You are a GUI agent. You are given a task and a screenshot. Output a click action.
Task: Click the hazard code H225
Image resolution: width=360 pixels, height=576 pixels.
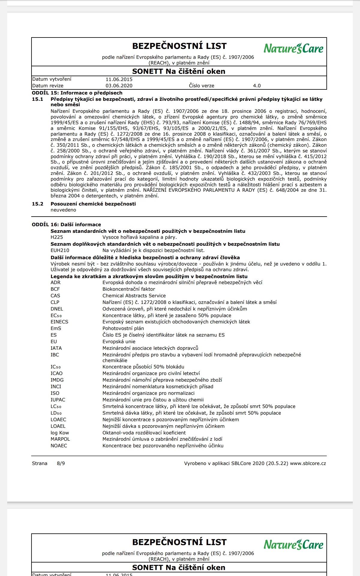point(57,237)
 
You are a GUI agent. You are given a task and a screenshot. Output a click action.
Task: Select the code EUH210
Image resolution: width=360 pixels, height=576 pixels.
point(60,250)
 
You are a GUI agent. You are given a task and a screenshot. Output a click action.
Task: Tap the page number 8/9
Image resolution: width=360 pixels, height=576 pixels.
point(61,463)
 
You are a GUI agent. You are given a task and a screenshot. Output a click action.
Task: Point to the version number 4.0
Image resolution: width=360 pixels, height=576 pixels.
point(257,85)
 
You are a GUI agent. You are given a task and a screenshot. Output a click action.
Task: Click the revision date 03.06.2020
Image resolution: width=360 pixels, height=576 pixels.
point(119,85)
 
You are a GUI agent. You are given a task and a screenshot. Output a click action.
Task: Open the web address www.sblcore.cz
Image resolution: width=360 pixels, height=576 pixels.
point(308,463)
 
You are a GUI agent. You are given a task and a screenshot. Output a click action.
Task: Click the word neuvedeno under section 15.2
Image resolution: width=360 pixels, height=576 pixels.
point(63,210)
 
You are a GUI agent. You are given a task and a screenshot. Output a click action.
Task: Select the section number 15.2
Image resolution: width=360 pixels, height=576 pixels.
point(37,204)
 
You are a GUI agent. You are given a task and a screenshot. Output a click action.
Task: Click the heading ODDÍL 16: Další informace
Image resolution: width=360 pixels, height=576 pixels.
point(66,224)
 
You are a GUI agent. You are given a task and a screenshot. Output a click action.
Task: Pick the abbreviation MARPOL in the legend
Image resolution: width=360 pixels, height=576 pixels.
point(60,439)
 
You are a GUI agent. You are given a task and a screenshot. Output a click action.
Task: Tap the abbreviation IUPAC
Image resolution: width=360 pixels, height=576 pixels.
point(58,400)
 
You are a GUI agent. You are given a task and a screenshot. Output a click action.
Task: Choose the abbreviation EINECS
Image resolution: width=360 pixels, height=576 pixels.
point(59,322)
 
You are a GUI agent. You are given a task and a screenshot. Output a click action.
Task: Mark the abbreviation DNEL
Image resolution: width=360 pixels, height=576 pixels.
point(57,309)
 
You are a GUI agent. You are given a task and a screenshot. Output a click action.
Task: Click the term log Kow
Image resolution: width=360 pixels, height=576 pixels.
point(60,433)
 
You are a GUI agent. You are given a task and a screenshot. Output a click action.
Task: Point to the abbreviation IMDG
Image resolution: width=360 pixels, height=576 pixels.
point(57,380)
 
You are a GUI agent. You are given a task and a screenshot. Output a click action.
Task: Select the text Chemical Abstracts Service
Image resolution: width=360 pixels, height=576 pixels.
point(134,295)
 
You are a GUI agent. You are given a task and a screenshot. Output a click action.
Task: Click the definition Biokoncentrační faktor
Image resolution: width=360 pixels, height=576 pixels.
point(129,289)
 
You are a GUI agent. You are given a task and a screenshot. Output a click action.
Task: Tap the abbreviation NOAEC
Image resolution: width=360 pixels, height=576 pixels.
point(59,445)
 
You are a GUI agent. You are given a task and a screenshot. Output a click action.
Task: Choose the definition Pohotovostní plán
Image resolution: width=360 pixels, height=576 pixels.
point(123,328)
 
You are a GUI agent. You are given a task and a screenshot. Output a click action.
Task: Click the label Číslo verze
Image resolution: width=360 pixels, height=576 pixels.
point(201,85)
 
